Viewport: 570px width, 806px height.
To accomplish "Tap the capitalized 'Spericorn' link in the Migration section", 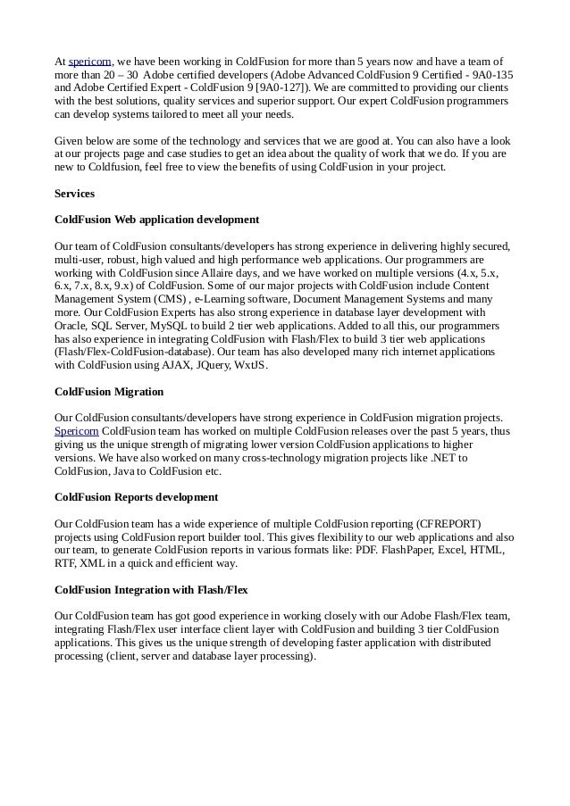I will [x=76, y=431].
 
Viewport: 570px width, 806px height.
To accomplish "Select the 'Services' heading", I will [x=74, y=193].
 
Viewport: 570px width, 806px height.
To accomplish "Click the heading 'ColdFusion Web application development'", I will [x=156, y=219].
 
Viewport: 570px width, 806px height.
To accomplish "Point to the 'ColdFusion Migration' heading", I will [x=109, y=391].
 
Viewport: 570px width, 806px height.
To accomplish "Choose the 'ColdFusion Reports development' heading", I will [x=136, y=496].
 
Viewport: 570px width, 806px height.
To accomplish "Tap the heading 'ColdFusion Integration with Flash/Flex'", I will [x=151, y=590].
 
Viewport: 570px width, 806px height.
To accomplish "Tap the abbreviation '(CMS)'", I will [x=172, y=299].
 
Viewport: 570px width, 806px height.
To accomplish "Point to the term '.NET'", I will [x=432, y=458].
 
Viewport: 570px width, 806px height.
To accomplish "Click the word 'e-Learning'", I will [x=225, y=299].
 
